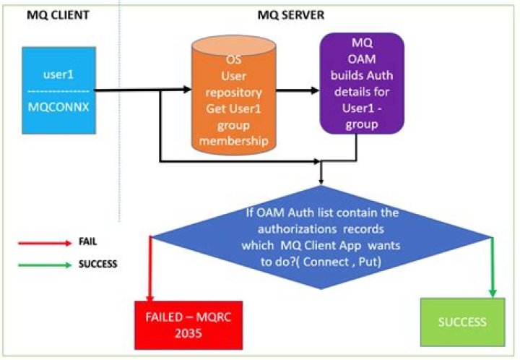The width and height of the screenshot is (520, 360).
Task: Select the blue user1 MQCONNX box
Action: [58, 90]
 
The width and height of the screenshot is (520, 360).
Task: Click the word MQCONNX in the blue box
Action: [58, 106]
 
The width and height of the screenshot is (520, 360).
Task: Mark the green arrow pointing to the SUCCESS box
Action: [494, 267]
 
